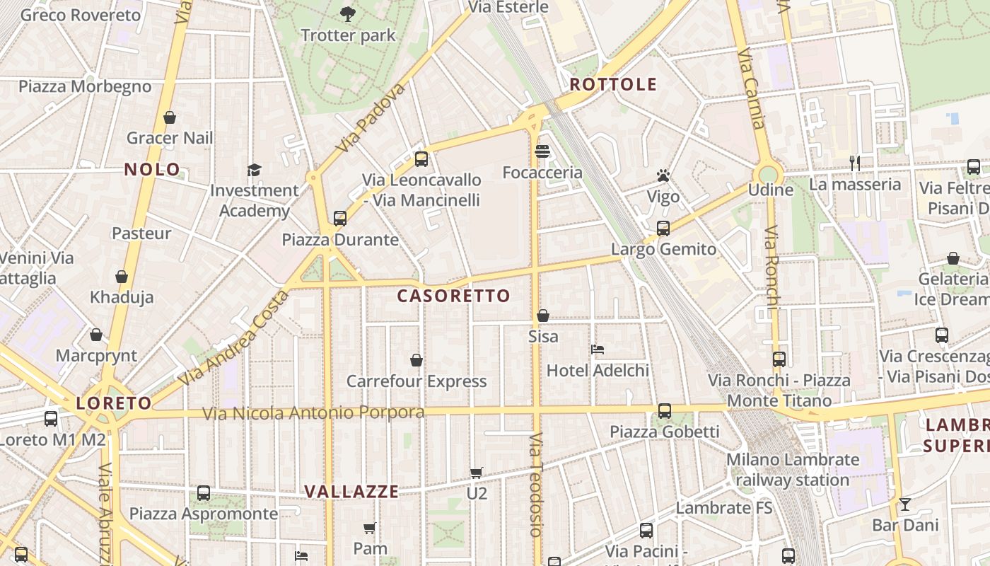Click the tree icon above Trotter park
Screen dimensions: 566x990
point(347,13)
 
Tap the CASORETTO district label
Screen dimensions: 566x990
point(453,296)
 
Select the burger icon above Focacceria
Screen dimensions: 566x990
point(542,151)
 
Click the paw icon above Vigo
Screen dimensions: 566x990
point(663,175)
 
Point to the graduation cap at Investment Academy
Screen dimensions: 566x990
point(254,170)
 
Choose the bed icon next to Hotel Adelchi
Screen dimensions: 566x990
point(598,350)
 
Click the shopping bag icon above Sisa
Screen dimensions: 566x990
point(543,316)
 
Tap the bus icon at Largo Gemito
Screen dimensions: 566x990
point(663,229)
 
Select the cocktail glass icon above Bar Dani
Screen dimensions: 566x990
point(904,504)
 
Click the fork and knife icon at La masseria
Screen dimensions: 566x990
point(855,163)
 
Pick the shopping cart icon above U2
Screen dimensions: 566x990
point(477,473)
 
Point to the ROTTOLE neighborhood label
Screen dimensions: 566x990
point(613,85)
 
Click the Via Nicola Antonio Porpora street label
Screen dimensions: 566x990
point(314,412)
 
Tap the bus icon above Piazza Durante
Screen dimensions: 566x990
point(340,219)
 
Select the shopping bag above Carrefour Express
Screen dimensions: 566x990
point(417,361)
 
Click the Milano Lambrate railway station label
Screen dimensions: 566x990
point(793,470)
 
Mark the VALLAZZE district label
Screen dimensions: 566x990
point(351,491)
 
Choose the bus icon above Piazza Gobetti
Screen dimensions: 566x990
point(665,411)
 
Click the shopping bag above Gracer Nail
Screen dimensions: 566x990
point(169,117)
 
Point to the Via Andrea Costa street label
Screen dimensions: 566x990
point(233,338)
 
